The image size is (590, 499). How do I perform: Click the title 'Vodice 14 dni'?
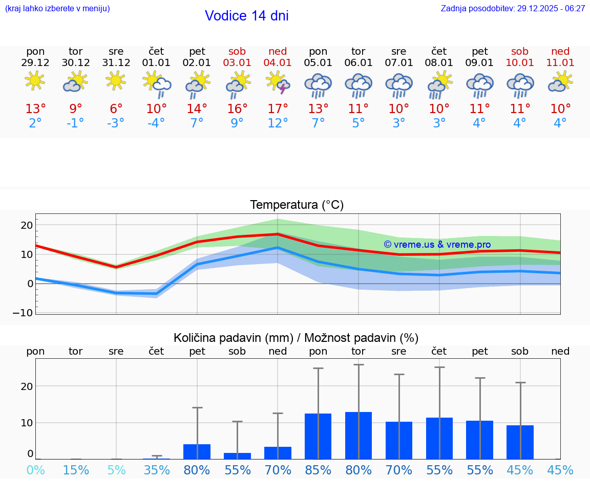tap(246, 16)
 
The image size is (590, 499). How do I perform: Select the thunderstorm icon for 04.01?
tap(278, 82)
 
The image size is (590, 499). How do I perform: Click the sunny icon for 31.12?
tap(116, 81)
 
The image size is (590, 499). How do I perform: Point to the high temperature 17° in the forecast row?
tap(278, 109)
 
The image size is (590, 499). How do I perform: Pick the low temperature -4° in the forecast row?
tap(156, 123)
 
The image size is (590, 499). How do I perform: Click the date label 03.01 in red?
tap(237, 63)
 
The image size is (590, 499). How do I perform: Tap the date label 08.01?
tap(439, 63)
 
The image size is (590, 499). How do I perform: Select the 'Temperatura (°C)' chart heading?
tap(297, 205)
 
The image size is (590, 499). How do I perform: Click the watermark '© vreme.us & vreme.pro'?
tap(437, 245)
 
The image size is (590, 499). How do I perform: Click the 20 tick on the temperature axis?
tap(26, 225)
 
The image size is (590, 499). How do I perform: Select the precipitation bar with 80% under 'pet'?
tap(197, 451)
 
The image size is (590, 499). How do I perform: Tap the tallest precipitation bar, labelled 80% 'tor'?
tap(359, 435)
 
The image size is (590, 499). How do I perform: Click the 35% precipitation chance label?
tap(156, 470)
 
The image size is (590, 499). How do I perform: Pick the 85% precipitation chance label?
tap(318, 470)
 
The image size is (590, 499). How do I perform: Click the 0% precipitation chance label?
tap(35, 470)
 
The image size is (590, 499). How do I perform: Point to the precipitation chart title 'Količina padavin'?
tap(233, 338)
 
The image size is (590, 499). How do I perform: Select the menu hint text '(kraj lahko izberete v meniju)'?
tap(57, 9)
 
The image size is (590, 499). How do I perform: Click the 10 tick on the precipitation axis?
tap(26, 423)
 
